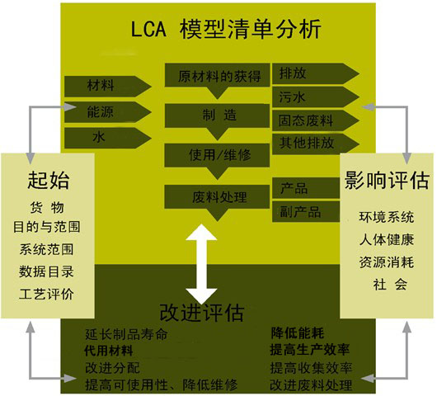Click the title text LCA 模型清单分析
point(226,29)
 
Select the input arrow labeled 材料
point(108,86)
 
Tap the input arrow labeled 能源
point(108,112)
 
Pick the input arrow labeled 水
point(108,138)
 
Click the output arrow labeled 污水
point(316,97)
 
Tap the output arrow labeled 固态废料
point(316,120)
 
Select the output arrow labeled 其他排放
point(316,144)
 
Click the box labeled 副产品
point(306,212)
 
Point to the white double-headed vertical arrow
point(201,264)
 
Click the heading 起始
point(48,181)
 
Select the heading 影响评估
point(387,180)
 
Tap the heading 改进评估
point(202,313)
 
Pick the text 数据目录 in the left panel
point(46,271)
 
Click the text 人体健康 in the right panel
point(387,239)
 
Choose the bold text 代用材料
point(108,351)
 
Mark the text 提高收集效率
point(311,368)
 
